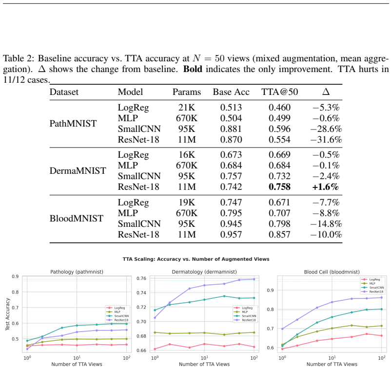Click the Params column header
click(187, 92)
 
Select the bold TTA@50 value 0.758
click(279, 187)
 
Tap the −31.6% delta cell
click(326, 139)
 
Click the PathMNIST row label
click(73, 123)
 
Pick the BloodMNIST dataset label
click(76, 219)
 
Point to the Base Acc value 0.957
click(231, 235)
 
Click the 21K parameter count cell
click(187, 108)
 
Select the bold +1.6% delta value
click(325, 187)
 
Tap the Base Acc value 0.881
click(231, 129)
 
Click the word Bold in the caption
click(193, 69)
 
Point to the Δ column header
click(326, 92)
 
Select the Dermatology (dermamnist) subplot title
click(204, 272)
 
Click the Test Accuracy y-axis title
click(7, 314)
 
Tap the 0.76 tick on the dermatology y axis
click(142, 278)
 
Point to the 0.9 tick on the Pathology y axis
click(15, 277)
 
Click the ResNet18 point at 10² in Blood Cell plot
click(381, 297)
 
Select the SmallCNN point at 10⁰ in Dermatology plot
click(155, 310)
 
